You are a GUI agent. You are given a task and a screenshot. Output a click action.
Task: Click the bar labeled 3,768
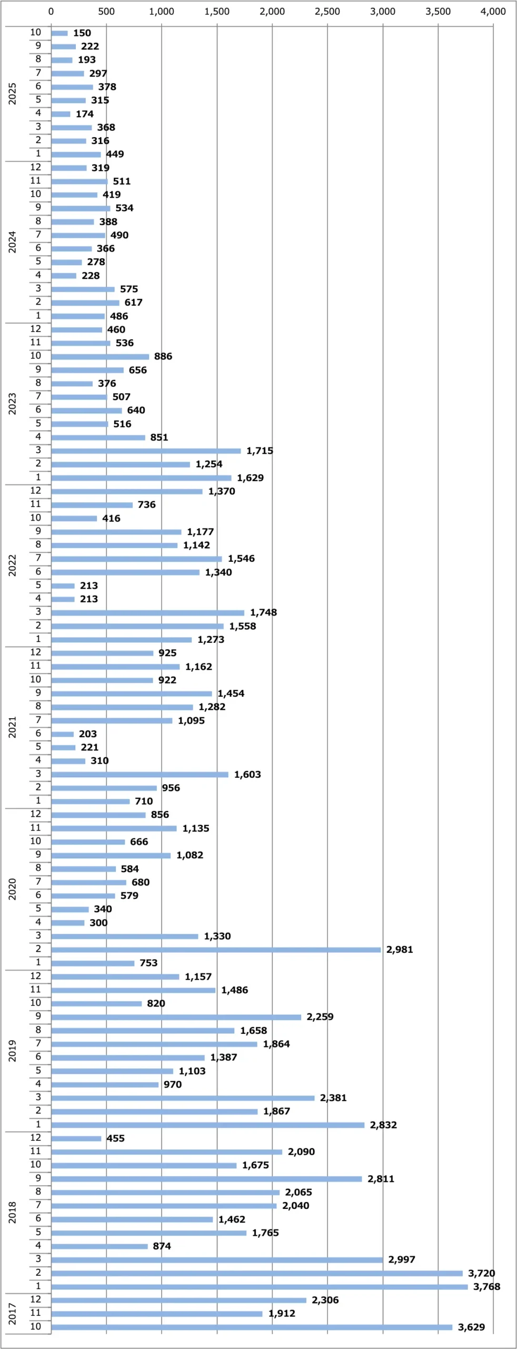pyautogui.click(x=259, y=1287)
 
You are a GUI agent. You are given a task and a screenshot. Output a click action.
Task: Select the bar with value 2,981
pyautogui.click(x=216, y=950)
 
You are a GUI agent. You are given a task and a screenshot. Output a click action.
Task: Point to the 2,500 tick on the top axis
pyautogui.click(x=327, y=12)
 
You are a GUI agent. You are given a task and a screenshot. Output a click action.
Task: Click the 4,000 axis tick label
pyautogui.click(x=493, y=12)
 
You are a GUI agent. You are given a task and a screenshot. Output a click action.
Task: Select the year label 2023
pyautogui.click(x=12, y=404)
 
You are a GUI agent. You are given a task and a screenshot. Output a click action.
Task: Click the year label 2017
pyautogui.click(x=12, y=1314)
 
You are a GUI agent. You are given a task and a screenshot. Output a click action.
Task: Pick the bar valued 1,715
pyautogui.click(x=146, y=451)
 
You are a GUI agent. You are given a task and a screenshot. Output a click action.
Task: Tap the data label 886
pyautogui.click(x=163, y=356)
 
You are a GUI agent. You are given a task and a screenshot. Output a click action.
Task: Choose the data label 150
pyautogui.click(x=82, y=33)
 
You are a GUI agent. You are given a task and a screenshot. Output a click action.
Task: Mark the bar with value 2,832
pyautogui.click(x=208, y=1125)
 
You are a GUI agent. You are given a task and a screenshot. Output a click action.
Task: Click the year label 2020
pyautogui.click(x=12, y=889)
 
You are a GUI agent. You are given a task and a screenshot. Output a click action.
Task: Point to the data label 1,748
pyautogui.click(x=263, y=612)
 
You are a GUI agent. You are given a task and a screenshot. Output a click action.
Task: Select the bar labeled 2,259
pyautogui.click(x=176, y=1017)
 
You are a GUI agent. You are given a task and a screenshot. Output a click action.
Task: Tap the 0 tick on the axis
pyautogui.click(x=51, y=12)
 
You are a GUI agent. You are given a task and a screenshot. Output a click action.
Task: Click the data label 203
pyautogui.click(x=88, y=734)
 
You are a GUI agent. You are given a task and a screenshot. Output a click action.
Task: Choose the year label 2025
pyautogui.click(x=12, y=94)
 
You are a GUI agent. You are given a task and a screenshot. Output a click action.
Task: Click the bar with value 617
pyautogui.click(x=85, y=302)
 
